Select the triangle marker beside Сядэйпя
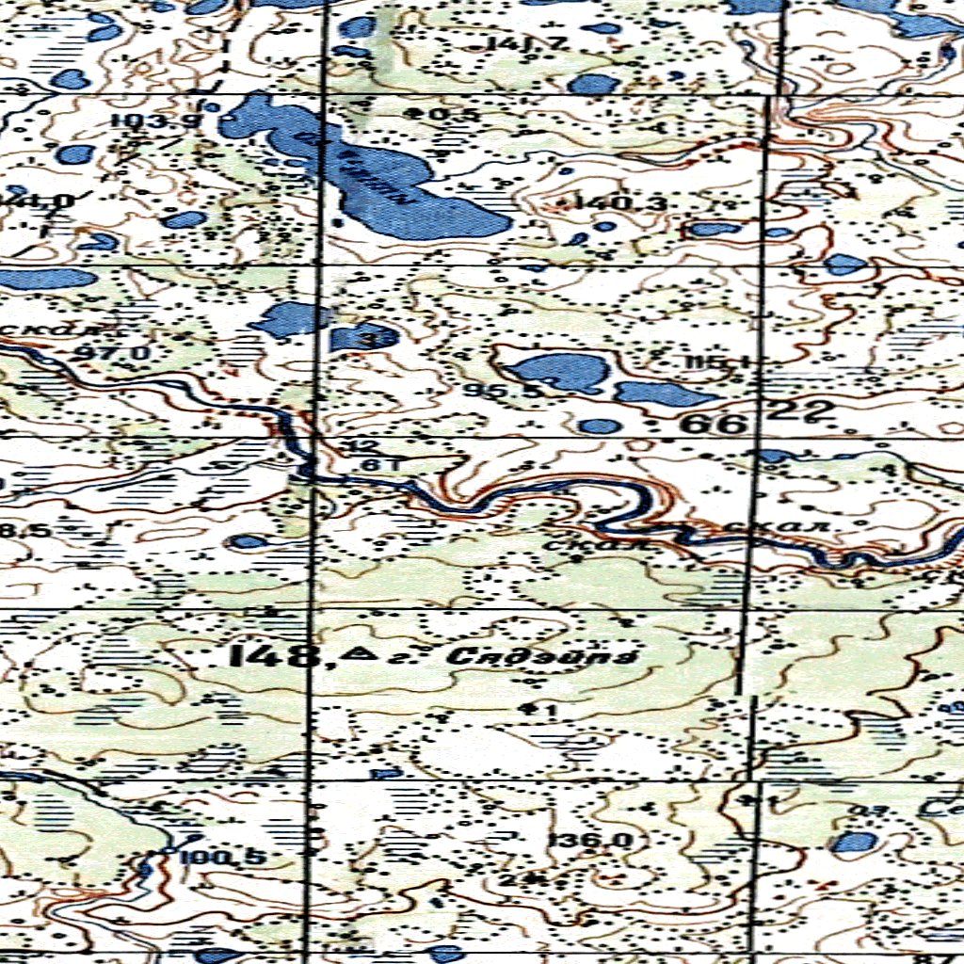tap(357, 653)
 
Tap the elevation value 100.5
tap(222, 858)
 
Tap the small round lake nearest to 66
tap(600, 426)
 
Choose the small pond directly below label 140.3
tap(602, 226)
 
